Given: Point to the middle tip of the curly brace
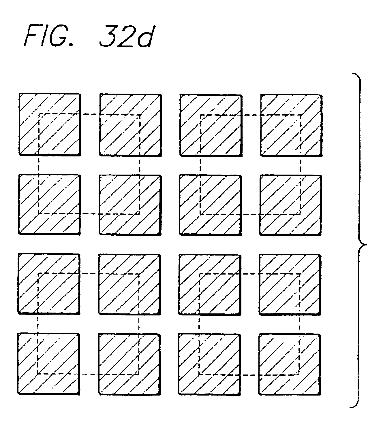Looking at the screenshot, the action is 366,245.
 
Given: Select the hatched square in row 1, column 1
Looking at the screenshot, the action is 49,124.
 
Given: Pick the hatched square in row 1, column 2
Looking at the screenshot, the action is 130,125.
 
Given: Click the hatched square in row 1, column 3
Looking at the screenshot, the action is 210,125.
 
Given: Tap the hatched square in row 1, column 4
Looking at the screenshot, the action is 291,125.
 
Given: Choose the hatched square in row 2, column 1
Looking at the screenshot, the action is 49,204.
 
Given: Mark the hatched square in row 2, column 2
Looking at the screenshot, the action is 130,205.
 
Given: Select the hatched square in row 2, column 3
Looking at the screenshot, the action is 210,205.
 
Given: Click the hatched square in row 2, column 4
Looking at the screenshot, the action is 291,205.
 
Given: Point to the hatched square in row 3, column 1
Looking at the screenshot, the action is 49,284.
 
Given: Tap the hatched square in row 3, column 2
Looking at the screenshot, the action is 129,284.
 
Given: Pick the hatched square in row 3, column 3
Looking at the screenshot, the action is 210,284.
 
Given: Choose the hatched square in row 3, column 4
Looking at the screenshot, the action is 290,285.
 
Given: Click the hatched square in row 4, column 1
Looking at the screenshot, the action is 48,364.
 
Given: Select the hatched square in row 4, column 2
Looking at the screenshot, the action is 129,364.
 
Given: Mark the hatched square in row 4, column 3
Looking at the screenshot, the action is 209,364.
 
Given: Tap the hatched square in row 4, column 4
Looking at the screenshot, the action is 290,364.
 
